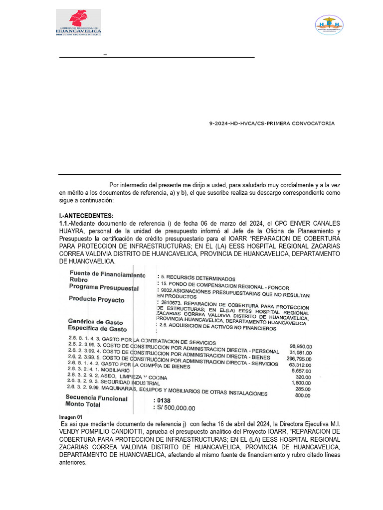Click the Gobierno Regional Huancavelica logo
coord(78,22)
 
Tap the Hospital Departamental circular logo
coord(329,25)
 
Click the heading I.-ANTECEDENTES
coord(86,216)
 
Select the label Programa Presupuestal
coord(104,287)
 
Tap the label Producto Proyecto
coord(97,300)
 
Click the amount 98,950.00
coord(300,346)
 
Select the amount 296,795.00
coord(299,359)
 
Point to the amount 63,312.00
coord(300,365)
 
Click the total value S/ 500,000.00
coord(176,408)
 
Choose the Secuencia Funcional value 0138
coord(164,400)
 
